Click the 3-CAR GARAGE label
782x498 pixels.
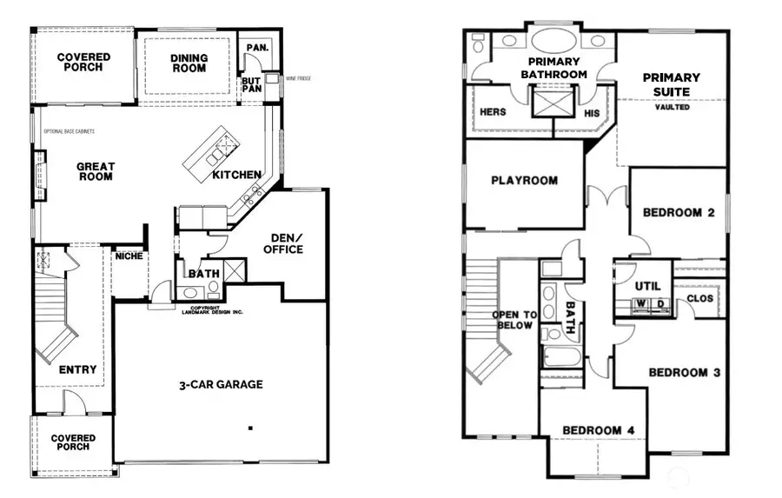click(x=221, y=384)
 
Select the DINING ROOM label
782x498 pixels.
click(x=189, y=63)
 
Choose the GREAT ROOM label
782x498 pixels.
click(x=96, y=171)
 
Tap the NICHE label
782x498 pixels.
click(x=129, y=256)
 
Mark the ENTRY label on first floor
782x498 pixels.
click(x=77, y=369)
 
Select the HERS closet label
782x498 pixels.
click(x=494, y=112)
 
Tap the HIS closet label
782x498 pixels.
click(x=592, y=113)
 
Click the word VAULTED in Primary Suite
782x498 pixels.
click(x=672, y=107)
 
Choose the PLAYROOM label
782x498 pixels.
click(x=524, y=181)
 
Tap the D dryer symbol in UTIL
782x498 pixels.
click(x=661, y=304)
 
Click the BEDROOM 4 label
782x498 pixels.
click(x=592, y=429)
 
